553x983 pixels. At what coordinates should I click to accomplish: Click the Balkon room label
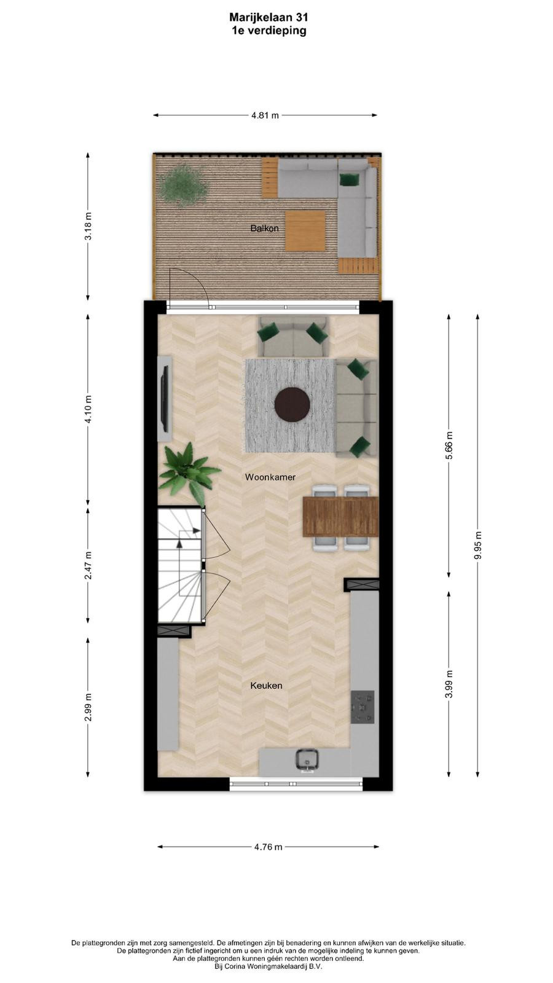click(x=264, y=228)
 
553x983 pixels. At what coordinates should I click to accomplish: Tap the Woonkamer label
click(x=270, y=477)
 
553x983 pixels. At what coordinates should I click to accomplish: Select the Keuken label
click(x=266, y=686)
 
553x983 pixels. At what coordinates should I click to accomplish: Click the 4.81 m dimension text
click(x=265, y=116)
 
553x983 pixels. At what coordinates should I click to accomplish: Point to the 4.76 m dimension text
click(x=268, y=847)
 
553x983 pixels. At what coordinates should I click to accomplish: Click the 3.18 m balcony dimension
click(x=88, y=225)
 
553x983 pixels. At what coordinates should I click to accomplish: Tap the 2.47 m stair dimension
click(x=88, y=565)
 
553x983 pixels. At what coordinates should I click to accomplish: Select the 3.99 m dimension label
click(x=449, y=684)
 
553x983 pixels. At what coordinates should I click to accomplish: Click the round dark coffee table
click(x=292, y=405)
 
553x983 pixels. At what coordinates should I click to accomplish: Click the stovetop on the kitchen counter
click(x=363, y=707)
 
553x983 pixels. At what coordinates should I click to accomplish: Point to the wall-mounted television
click(x=165, y=399)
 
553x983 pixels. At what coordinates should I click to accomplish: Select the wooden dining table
click(x=340, y=517)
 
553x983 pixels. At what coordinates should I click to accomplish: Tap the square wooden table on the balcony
click(x=305, y=231)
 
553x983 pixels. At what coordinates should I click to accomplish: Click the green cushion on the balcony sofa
click(x=350, y=179)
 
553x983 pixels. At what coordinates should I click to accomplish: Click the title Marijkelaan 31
click(x=269, y=17)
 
